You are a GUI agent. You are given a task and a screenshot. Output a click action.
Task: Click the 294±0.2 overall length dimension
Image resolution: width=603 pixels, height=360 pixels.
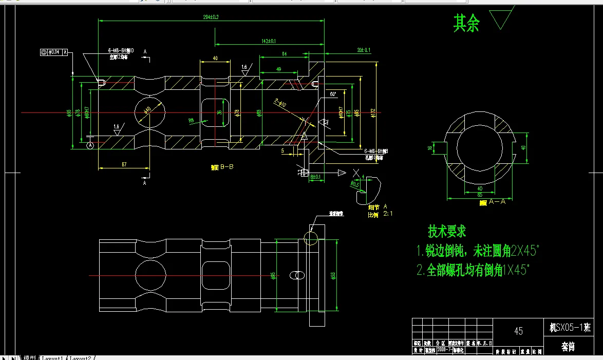coord(211,17)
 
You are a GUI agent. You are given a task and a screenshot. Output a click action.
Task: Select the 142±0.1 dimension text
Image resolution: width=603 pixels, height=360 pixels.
coord(269,41)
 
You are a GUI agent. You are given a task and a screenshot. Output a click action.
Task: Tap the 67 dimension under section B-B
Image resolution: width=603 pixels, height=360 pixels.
coord(124,164)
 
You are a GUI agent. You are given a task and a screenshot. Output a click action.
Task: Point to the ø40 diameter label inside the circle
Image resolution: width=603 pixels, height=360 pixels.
coord(147,110)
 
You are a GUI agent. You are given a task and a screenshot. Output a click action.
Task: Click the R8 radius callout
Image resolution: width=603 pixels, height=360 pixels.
coord(191,121)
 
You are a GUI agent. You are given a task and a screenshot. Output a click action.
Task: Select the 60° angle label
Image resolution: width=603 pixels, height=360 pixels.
coord(333,94)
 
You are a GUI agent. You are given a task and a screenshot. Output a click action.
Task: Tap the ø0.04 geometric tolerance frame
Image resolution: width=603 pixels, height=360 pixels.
coord(53,52)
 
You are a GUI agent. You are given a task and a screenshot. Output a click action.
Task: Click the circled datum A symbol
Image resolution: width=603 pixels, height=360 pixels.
coord(91,146)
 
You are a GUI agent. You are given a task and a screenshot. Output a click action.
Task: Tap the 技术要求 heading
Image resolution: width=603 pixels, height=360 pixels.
coord(447,232)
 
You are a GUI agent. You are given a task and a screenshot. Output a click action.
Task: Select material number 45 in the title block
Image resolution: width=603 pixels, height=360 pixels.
coord(518,331)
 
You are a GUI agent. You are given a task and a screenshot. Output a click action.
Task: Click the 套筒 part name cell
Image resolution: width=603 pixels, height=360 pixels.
coord(568,347)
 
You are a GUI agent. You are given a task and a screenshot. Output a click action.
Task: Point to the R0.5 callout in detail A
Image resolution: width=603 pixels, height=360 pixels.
coord(354,183)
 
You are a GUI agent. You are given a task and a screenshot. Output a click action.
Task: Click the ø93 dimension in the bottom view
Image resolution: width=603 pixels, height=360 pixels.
coord(333,276)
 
